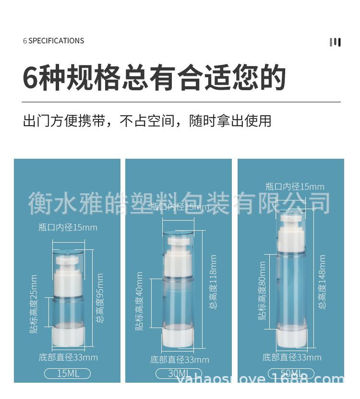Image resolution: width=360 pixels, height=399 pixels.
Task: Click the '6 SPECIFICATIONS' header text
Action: [53, 41]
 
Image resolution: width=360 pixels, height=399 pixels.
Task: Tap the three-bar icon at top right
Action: [335, 42]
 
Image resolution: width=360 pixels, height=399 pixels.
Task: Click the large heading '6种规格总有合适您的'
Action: [154, 77]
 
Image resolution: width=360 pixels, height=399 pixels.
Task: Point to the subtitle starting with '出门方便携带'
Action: [147, 120]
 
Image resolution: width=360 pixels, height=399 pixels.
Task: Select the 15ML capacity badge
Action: [67, 373]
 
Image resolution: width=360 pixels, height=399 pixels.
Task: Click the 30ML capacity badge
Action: [179, 374]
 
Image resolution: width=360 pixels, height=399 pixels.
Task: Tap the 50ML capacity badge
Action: [291, 373]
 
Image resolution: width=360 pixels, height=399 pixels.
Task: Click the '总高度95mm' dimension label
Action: [100, 298]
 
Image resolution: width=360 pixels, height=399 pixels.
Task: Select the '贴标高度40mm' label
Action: [140, 301]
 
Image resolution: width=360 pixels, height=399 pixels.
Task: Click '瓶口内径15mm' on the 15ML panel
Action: [68, 227]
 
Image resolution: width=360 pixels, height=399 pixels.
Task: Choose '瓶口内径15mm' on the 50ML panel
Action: [295, 187]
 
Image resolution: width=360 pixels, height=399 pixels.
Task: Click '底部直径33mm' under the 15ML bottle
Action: [68, 357]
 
